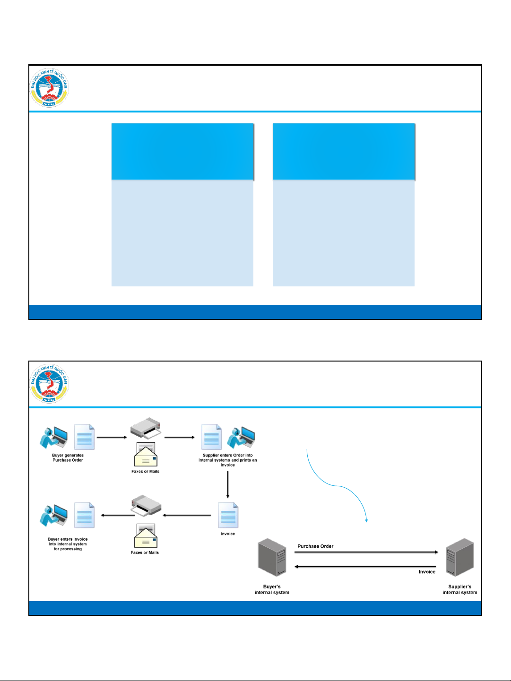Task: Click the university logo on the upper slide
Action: pos(49,88)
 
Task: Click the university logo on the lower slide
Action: pos(49,384)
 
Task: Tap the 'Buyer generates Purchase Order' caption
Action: pos(68,458)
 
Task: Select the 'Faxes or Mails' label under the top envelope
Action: pos(145,472)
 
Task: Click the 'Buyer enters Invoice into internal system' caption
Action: pos(68,544)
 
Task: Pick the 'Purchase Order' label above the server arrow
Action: pos(315,546)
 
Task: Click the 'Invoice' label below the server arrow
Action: pos(427,572)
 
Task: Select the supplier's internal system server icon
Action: pos(460,558)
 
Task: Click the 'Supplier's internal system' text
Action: pos(459,590)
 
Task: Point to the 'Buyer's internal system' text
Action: pos(272,590)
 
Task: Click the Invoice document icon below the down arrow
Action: pos(228,516)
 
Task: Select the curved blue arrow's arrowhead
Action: pos(367,520)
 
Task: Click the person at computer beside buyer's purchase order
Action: pos(54,438)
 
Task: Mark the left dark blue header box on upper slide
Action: pos(182,152)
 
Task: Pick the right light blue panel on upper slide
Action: pos(344,233)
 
